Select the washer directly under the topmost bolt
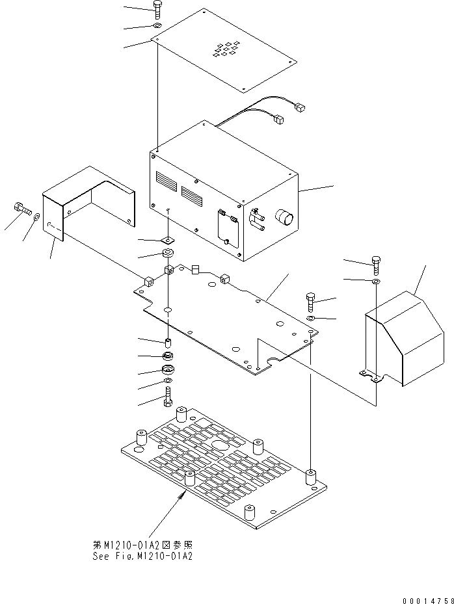158,25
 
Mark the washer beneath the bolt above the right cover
377,281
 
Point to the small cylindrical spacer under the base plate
168,343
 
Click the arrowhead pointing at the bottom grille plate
181,495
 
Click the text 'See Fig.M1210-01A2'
143,556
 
